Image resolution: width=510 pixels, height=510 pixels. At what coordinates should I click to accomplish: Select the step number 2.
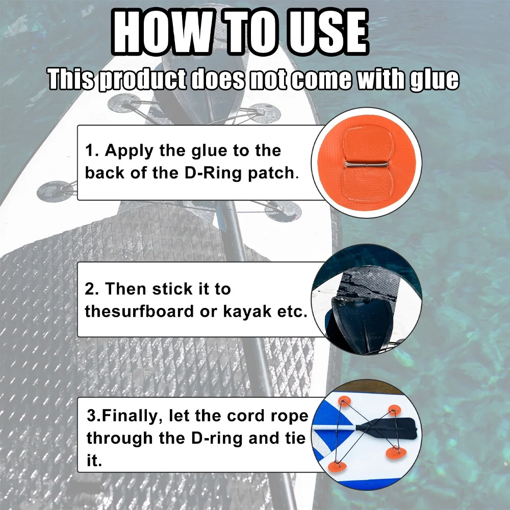90,289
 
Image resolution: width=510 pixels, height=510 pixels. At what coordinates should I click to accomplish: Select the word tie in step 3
295,438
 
